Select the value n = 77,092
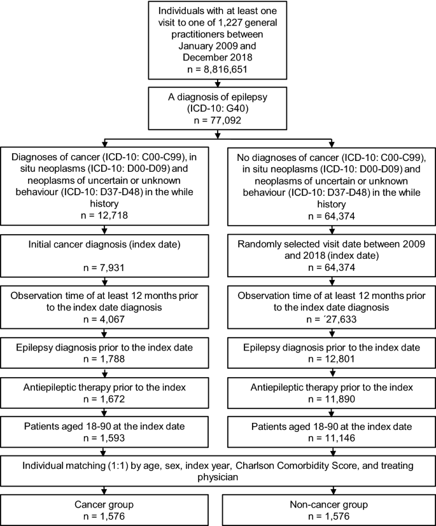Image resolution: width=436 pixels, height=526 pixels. click(x=218, y=120)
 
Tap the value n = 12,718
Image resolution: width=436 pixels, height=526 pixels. click(x=104, y=215)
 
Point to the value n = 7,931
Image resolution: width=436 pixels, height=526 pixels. click(x=104, y=268)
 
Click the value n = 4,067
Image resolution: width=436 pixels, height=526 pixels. click(x=104, y=319)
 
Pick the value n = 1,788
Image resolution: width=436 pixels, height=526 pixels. click(x=104, y=359)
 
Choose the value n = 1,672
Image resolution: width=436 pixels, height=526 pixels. click(x=104, y=399)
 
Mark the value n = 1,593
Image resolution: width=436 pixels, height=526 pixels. click(x=104, y=438)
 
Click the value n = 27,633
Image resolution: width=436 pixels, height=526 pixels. click(x=332, y=319)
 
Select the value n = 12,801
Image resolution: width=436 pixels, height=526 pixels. click(x=332, y=359)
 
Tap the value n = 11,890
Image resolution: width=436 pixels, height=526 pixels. click(x=332, y=399)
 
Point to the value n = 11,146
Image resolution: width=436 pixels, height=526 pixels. click(x=332, y=438)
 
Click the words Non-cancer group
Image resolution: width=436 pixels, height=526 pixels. click(x=329, y=504)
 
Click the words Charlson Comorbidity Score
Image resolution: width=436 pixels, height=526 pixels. click(x=284, y=466)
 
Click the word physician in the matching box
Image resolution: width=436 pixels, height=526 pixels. click(x=218, y=477)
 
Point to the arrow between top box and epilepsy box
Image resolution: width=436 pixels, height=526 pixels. click(x=218, y=83)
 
